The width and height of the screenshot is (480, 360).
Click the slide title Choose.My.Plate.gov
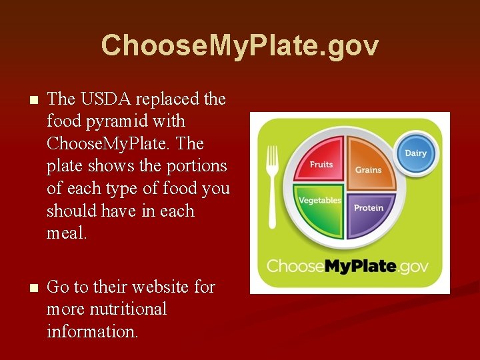point(240,45)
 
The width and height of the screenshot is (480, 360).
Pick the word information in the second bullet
point(93,331)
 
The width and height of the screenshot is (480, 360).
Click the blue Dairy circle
point(416,153)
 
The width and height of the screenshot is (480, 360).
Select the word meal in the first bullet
point(67,233)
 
